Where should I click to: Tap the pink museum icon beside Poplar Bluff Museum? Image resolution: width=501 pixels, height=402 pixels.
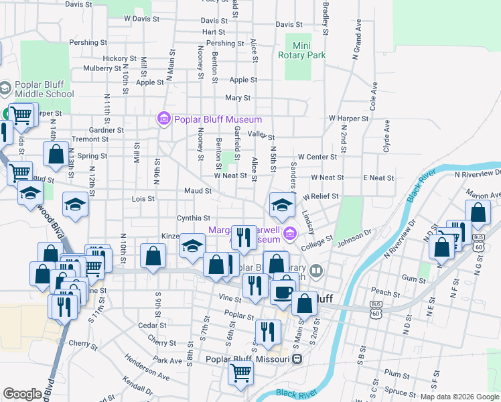(163, 119)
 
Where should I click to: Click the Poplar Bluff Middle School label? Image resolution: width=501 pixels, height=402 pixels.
(42, 89)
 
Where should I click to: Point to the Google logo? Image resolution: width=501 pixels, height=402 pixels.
(22, 394)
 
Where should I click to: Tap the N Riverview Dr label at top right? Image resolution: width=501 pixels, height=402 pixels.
(477, 174)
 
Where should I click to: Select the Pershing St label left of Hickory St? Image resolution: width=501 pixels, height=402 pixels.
(84, 43)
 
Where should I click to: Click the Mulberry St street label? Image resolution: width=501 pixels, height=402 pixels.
(98, 68)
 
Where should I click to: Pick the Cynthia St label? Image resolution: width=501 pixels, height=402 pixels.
(193, 218)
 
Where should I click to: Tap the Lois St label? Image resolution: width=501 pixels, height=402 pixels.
(143, 198)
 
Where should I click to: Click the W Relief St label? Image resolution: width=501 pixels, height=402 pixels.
(320, 197)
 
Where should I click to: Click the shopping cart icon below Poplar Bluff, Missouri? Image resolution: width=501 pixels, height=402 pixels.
(240, 373)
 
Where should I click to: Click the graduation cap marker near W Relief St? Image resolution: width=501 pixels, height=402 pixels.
(282, 204)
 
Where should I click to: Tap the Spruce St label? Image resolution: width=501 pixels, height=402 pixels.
(401, 391)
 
